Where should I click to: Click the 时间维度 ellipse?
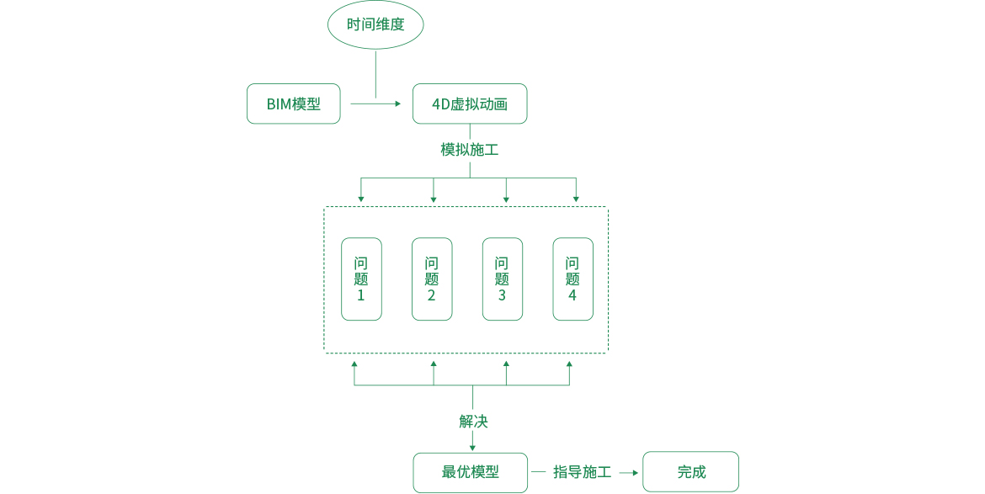coord(375,24)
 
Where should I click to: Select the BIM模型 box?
coord(294,104)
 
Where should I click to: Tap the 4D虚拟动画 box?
coord(470,104)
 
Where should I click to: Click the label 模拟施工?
coord(470,150)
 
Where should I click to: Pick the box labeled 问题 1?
coord(361,279)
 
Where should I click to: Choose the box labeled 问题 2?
coord(432,279)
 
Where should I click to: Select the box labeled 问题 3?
coord(503,279)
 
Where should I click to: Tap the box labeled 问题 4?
coord(572,279)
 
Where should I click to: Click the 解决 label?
coord(473,421)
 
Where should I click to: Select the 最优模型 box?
coord(471,472)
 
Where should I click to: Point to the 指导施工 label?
coord(582,472)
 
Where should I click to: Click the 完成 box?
coord(690,472)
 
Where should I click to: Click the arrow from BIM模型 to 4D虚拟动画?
coord(375,104)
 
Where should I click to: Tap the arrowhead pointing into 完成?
coord(635,472)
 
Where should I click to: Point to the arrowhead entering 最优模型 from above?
coord(472,447)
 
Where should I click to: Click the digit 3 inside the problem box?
coord(503,295)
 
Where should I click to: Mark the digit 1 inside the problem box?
coord(361,295)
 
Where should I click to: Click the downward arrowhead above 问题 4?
coord(576,199)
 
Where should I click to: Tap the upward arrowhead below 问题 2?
coord(434,364)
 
